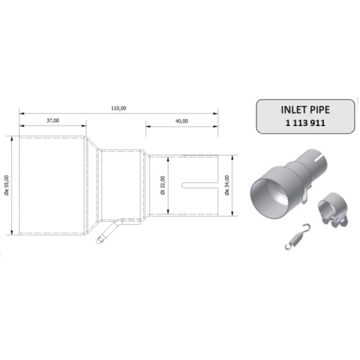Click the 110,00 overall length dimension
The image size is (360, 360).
118,108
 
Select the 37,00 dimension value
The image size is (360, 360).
53,121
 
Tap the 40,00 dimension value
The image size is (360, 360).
182,121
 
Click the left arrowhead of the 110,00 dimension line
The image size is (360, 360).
22,113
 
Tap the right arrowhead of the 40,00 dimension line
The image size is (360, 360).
215,126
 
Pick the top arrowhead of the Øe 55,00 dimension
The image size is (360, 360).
13,138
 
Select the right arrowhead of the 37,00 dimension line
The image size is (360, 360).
86,126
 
